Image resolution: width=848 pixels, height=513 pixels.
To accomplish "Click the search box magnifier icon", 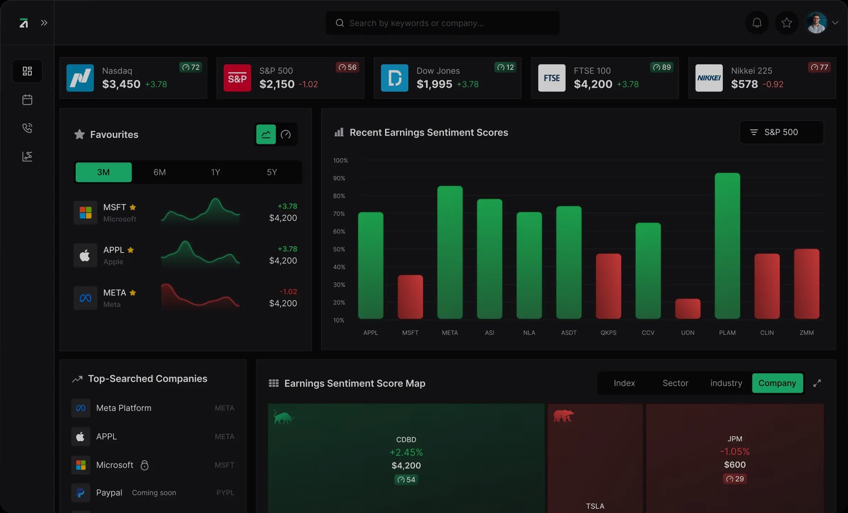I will (x=340, y=23).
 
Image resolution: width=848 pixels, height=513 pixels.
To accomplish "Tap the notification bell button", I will (x=757, y=23).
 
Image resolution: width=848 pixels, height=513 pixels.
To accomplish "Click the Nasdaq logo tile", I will (x=80, y=78).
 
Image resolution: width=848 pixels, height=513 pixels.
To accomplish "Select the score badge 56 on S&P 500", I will (x=347, y=67).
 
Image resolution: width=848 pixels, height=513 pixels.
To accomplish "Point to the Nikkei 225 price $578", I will (x=744, y=84).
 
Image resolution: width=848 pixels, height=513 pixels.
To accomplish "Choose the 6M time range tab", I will (x=160, y=172).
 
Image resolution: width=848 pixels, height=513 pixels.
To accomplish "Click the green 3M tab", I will (x=103, y=172).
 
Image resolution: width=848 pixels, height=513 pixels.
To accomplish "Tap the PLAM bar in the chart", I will (x=727, y=245).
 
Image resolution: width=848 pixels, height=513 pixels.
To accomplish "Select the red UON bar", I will (x=688, y=309).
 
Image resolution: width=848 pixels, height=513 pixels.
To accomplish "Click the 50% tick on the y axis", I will (x=339, y=249).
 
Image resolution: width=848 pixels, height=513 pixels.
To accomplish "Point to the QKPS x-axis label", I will (x=608, y=333).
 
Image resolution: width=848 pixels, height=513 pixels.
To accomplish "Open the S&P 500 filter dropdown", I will (x=781, y=132).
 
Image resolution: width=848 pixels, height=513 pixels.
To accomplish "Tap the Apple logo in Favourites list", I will (x=85, y=255).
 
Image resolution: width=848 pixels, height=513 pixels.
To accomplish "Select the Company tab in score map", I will (x=777, y=383).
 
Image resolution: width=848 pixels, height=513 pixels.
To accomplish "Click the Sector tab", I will (x=675, y=383).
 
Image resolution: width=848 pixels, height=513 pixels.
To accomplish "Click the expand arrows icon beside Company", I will (x=817, y=383).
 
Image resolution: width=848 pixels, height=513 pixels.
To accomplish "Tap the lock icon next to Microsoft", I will (x=144, y=465).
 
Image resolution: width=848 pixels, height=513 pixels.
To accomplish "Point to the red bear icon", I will (x=563, y=416).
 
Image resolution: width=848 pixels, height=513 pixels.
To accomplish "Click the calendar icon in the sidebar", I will (x=27, y=100).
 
